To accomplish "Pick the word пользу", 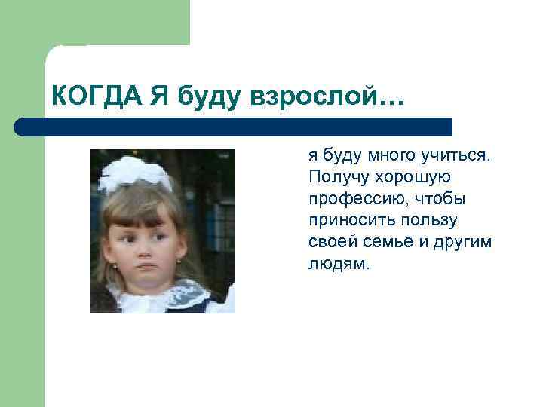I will pos(431,222).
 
